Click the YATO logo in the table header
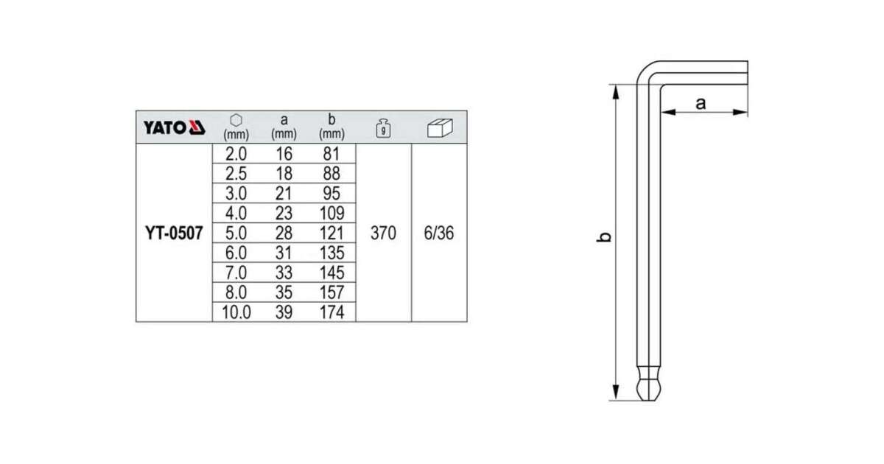click(x=174, y=127)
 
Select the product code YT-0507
click(x=174, y=233)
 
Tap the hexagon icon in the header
click(x=236, y=120)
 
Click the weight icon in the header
click(x=383, y=128)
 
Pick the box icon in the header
click(x=440, y=128)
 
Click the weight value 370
click(x=383, y=233)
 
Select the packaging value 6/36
click(x=439, y=233)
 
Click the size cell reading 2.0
click(x=236, y=154)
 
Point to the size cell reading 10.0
click(x=236, y=312)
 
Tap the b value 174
click(x=332, y=312)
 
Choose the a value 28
click(x=284, y=233)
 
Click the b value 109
click(x=332, y=214)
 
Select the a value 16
click(x=284, y=154)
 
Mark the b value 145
click(x=332, y=273)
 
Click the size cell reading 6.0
click(x=236, y=253)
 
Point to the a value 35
click(x=284, y=293)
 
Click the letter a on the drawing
click(x=701, y=103)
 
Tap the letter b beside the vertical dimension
click(x=604, y=236)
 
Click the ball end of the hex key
click(x=648, y=390)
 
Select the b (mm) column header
click(x=331, y=127)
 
